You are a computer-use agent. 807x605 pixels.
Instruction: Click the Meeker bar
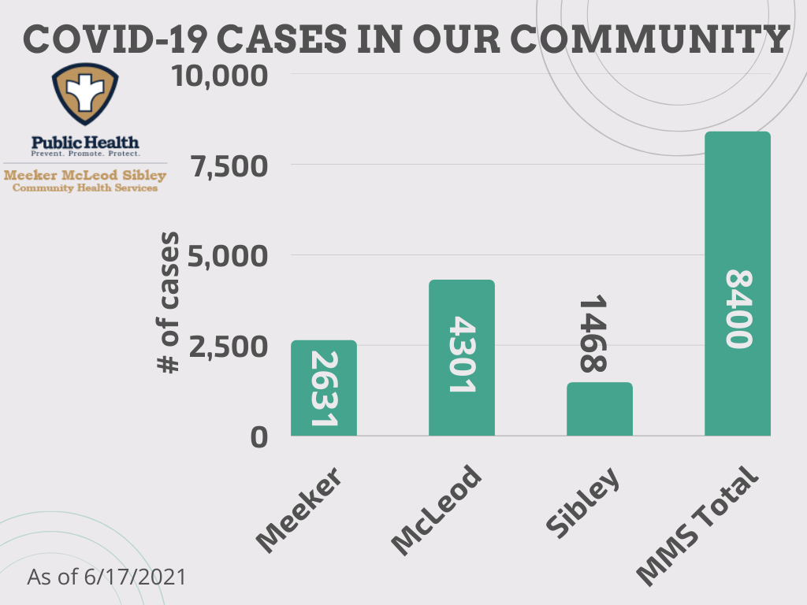(324, 388)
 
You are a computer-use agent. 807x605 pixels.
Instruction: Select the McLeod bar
(462, 358)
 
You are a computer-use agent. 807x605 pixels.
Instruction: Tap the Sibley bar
(600, 409)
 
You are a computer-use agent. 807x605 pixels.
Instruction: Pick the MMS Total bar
(738, 284)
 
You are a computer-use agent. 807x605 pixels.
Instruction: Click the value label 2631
(324, 388)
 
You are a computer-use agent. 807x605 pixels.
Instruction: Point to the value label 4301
(462, 354)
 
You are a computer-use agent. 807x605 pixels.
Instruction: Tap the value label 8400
(739, 309)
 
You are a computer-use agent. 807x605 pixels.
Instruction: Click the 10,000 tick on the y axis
(220, 76)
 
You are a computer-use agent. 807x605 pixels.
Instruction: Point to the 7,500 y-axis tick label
(229, 166)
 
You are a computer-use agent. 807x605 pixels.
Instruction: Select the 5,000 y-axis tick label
(228, 256)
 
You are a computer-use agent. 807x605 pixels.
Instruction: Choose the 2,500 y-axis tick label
(229, 347)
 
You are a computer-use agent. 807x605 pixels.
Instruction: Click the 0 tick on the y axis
(258, 437)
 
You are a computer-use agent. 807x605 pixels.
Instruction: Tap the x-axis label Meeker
(299, 510)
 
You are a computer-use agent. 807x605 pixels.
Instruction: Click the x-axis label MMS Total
(697, 525)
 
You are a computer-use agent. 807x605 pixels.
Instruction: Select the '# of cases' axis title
(168, 302)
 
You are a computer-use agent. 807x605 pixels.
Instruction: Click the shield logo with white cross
(85, 94)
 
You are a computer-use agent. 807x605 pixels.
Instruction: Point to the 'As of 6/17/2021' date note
(106, 577)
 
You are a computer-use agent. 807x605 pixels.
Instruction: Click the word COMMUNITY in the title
(650, 39)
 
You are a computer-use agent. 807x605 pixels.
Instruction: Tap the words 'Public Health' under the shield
(85, 142)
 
